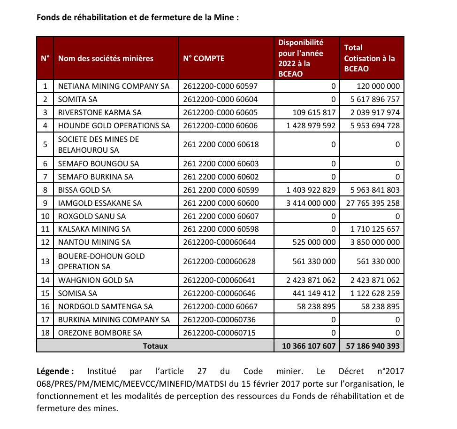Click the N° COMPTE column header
pyautogui.click(x=204, y=59)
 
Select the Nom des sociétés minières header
pyautogui.click(x=106, y=59)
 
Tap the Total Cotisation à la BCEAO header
pyautogui.click(x=369, y=58)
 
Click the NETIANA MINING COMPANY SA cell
pyautogui.click(x=114, y=86)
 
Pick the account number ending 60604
pyautogui.click(x=220, y=99)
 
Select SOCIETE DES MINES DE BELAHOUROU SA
pyautogui.click(x=99, y=145)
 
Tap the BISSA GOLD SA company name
pyautogui.click(x=84, y=190)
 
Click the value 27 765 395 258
pyautogui.click(x=372, y=203)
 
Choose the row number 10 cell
pyautogui.click(x=45, y=216)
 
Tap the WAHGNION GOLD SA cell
pyautogui.click(x=96, y=280)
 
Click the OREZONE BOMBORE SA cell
pyautogui.click(x=99, y=333)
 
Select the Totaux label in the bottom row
pyautogui.click(x=155, y=346)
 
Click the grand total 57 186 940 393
pyautogui.click(x=372, y=346)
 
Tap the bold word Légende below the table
pyautogui.click(x=55, y=371)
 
